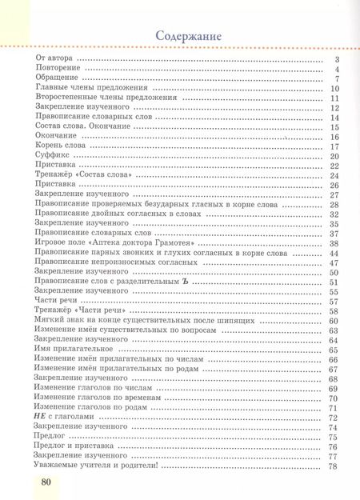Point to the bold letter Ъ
(183, 282)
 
